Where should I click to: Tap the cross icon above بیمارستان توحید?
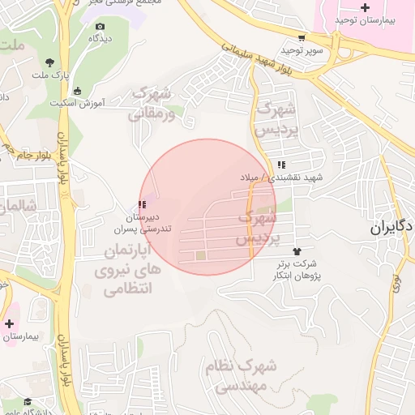(364, 6)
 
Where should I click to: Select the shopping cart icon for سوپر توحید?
(302, 37)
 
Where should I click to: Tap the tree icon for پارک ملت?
(50, 62)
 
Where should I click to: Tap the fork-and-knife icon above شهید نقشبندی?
(280, 165)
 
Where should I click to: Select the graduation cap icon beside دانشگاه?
(27, 401)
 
